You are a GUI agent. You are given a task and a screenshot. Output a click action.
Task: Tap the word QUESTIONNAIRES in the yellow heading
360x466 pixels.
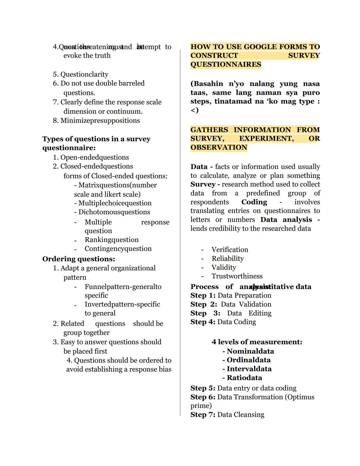point(226,65)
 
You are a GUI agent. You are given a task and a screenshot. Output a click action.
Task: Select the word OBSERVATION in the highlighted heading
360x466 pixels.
point(219,148)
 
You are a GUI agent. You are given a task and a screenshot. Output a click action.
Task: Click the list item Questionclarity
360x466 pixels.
point(84,74)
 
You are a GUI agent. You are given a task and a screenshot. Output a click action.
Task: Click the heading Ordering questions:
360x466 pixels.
point(79,259)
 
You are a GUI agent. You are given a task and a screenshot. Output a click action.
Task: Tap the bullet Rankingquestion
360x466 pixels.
point(111,240)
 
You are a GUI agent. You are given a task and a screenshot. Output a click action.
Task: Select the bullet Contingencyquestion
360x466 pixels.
point(118,249)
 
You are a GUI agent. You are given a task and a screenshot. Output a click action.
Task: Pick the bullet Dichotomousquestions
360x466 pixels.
point(114,212)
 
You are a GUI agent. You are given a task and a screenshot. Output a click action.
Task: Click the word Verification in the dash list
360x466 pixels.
point(230,250)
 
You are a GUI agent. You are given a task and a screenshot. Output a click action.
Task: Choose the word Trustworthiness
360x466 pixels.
point(237,276)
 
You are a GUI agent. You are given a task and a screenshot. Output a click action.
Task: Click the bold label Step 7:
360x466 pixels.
point(203,415)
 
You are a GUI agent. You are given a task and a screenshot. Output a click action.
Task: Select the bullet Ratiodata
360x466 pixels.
point(244,378)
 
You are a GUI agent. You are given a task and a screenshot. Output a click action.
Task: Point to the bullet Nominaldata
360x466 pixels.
point(250,351)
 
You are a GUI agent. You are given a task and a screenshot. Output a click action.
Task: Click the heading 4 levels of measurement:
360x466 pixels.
point(257,342)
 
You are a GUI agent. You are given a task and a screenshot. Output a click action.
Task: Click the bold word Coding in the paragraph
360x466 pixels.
point(254,202)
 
